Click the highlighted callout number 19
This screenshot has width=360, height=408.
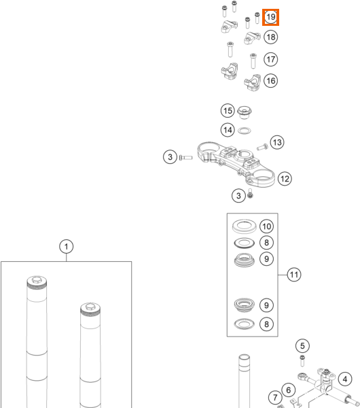(270, 17)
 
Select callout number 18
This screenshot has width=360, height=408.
(270, 37)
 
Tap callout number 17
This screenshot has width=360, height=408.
(270, 59)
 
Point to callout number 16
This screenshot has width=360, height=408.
(270, 81)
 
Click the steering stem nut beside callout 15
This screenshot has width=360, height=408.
(244, 112)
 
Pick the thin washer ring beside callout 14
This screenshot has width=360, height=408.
(245, 131)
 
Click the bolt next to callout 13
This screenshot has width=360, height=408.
(262, 147)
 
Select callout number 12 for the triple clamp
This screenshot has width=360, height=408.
(285, 179)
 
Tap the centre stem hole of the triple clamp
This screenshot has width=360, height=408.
(244, 154)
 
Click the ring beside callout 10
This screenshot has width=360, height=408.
(244, 226)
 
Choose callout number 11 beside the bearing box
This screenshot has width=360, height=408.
(294, 275)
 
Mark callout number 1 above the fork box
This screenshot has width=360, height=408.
(67, 246)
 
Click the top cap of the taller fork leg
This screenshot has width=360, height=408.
(37, 281)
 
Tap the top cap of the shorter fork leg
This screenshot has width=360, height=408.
(90, 307)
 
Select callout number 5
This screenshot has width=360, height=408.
(302, 346)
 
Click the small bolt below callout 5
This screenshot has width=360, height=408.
(302, 360)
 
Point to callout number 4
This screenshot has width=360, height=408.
(345, 379)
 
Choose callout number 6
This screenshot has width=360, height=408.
(288, 390)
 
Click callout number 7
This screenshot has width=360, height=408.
(275, 398)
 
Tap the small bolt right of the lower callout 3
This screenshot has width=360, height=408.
(250, 193)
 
